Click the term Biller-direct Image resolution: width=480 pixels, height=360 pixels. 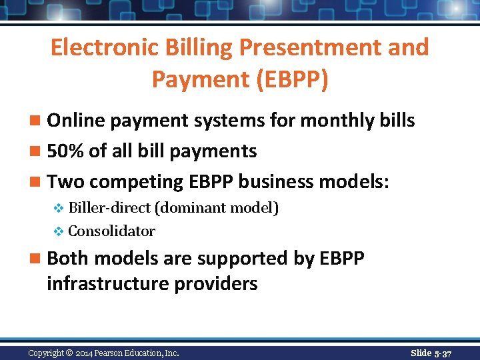pyautogui.click(x=109, y=208)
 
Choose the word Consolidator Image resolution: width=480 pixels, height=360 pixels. pyautogui.click(x=111, y=231)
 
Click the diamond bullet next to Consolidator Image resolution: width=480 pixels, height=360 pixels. pyautogui.click(x=58, y=232)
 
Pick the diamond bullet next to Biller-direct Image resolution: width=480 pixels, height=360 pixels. pyautogui.click(x=58, y=209)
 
